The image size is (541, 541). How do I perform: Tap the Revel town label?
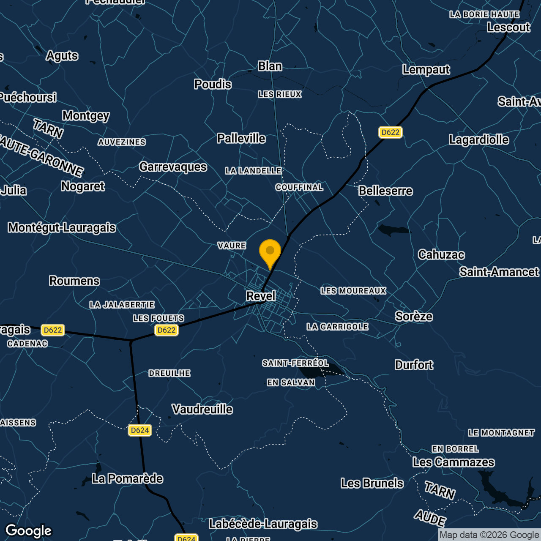[x=261, y=296]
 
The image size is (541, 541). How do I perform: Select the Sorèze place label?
[x=414, y=316]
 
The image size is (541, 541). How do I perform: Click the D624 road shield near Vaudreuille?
[x=140, y=430]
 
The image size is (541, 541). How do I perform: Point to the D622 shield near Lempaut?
[x=390, y=132]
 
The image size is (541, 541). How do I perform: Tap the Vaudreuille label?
[x=202, y=409]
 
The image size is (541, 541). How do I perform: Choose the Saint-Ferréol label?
[x=295, y=363]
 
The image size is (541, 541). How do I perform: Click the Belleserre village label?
[x=385, y=191]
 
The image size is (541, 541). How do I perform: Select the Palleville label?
[x=241, y=138]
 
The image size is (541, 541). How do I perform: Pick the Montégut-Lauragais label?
[x=62, y=227]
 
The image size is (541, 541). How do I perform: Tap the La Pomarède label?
[x=127, y=478]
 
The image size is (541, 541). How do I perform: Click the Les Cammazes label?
[x=454, y=462]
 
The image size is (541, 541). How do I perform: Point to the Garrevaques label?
[x=173, y=167]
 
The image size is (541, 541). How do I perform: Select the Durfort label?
[x=414, y=365]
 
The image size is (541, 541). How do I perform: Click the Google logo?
[x=29, y=531]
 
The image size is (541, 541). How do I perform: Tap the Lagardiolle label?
[x=479, y=139]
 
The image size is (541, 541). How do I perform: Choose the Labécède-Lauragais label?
[x=263, y=524]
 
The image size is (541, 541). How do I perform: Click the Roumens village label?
[x=74, y=281]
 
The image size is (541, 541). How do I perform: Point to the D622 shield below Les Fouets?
[x=167, y=330]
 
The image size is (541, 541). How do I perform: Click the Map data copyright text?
[x=489, y=535]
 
